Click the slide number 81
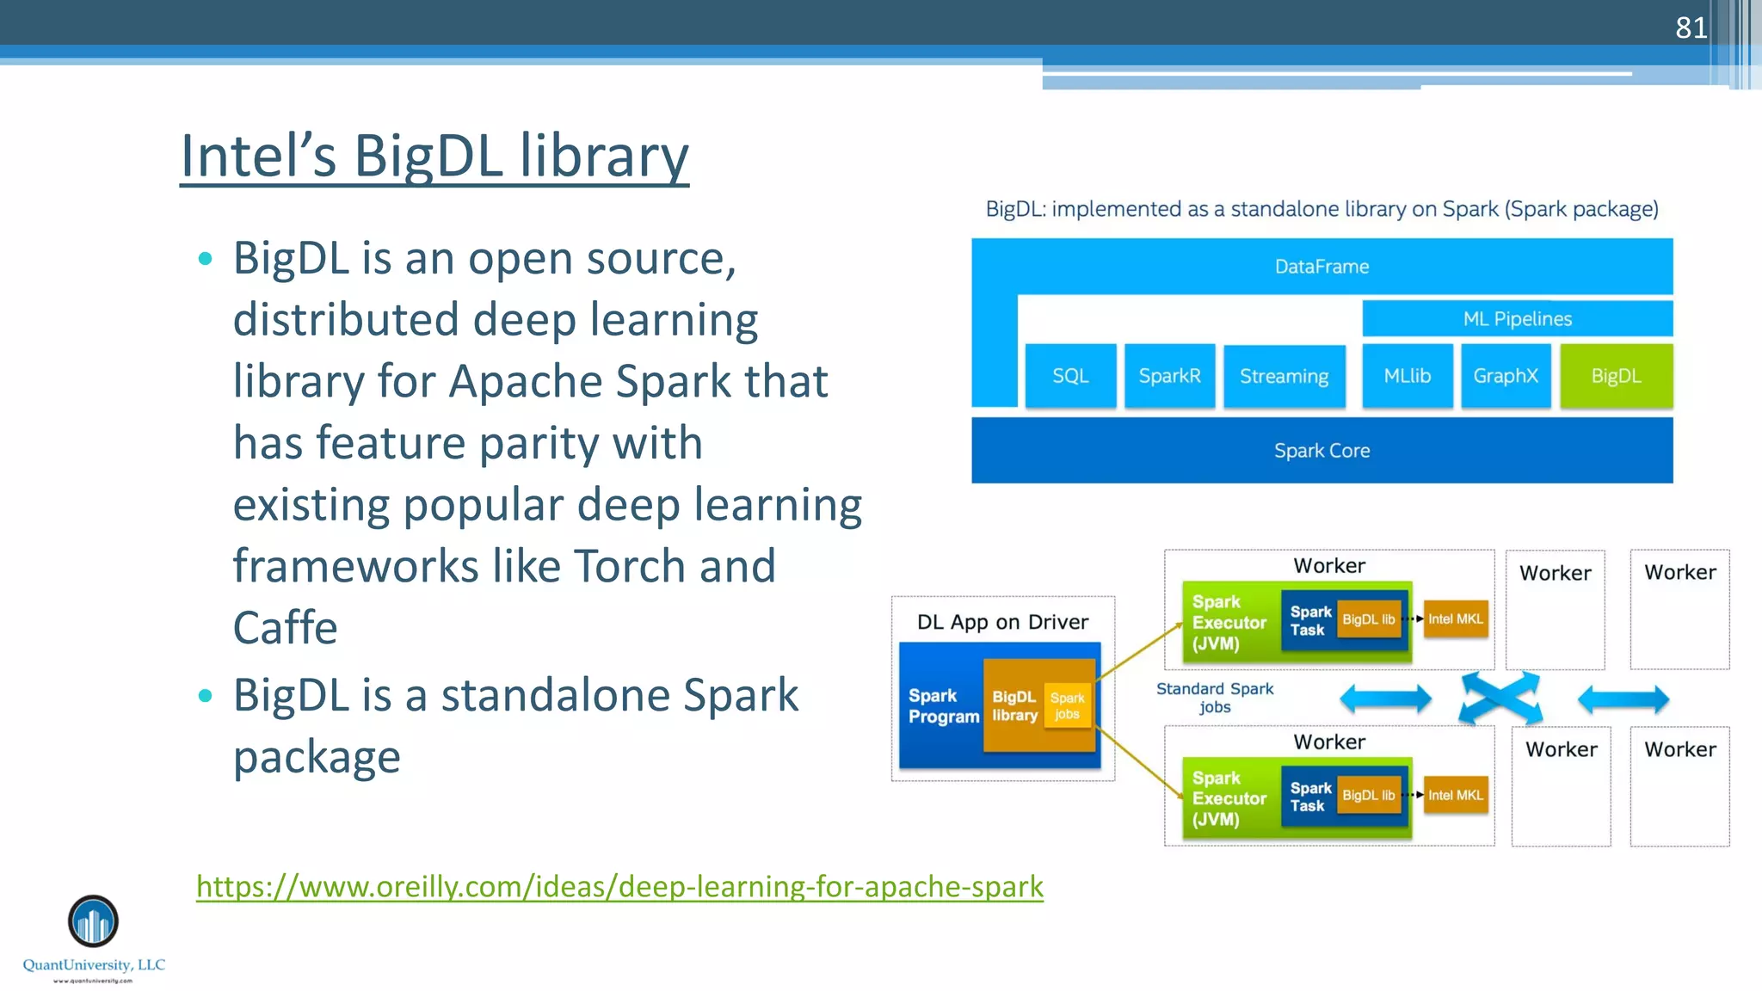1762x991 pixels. coord(1691,28)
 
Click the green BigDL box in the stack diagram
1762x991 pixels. coord(1616,376)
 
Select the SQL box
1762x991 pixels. coord(1070,376)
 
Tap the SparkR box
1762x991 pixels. coord(1169,376)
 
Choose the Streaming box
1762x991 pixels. coord(1284,376)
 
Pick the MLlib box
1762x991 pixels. coord(1407,376)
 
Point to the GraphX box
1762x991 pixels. coord(1505,376)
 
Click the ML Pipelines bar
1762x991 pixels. coord(1517,319)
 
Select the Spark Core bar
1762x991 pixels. coord(1321,451)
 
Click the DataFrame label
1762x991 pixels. coord(1321,267)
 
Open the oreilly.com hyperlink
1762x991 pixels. coord(619,886)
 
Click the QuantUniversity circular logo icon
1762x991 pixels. coord(93,921)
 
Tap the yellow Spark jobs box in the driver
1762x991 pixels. coord(1067,706)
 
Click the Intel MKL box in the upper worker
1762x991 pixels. coord(1456,619)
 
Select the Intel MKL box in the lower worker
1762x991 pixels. coord(1456,796)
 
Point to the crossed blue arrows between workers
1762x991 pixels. coord(1500,699)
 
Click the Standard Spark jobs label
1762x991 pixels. coord(1215,698)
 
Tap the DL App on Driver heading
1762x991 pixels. coord(1002,622)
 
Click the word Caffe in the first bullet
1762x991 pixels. coord(285,628)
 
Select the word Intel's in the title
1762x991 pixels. coord(258,157)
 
